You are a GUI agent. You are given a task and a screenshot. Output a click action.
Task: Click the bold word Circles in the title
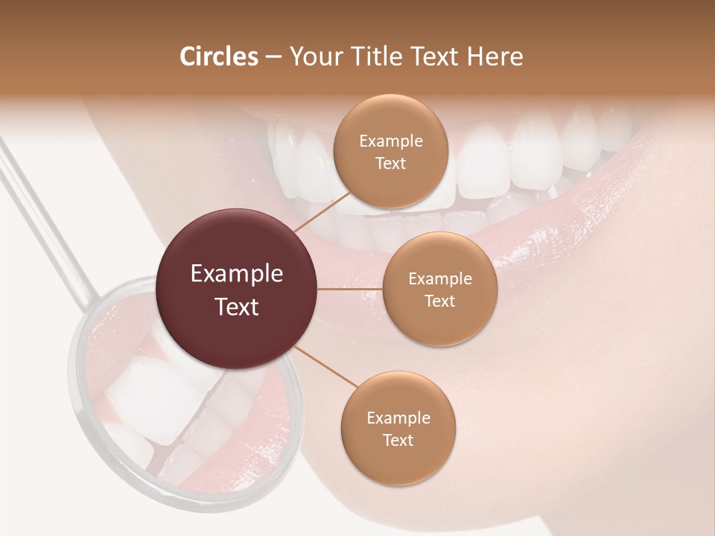click(219, 57)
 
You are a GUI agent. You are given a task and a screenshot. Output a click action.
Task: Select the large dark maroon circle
click(237, 289)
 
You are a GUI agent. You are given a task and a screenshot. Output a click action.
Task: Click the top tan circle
click(390, 151)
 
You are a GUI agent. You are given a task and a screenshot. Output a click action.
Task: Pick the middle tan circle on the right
click(439, 289)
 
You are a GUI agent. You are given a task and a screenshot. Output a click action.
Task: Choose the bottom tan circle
click(398, 428)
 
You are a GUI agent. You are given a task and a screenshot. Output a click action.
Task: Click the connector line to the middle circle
click(350, 289)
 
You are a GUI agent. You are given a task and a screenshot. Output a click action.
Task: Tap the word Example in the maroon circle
click(237, 273)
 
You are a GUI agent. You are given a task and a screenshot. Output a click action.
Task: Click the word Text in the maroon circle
click(237, 307)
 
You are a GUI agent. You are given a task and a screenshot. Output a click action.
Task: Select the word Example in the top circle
click(391, 141)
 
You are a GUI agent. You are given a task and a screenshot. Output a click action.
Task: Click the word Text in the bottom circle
click(398, 440)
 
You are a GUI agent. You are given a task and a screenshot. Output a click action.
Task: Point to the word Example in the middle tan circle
click(440, 278)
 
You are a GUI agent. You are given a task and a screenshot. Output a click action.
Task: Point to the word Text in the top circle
click(390, 163)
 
